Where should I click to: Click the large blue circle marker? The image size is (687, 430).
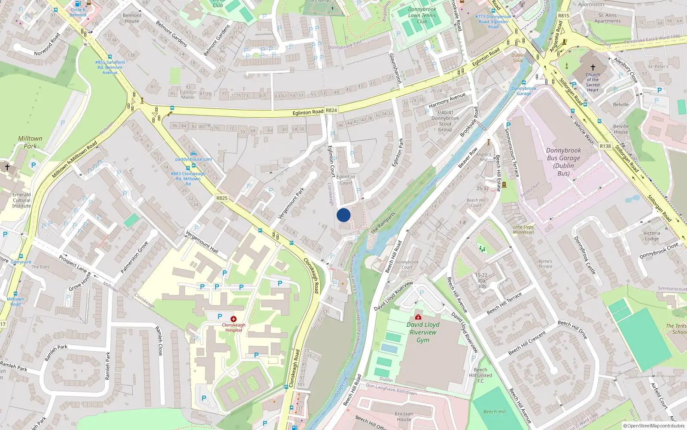point(343,215)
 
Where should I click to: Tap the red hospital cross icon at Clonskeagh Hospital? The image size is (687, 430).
point(233,319)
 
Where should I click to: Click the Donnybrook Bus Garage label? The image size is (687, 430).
point(563,162)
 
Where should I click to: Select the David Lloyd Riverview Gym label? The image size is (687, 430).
point(423,332)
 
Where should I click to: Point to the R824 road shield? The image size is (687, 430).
point(331,111)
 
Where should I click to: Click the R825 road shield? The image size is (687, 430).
point(222,198)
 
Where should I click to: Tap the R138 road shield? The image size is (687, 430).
point(605,146)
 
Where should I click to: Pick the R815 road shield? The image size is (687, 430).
point(563,16)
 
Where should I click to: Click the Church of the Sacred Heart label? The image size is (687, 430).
point(593,82)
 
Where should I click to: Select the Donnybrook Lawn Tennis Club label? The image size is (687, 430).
point(422,15)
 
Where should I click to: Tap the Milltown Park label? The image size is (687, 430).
point(30,142)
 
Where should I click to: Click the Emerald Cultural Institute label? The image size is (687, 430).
point(21,200)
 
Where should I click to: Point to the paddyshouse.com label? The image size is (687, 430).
point(193,159)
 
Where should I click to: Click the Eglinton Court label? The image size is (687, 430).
point(346,180)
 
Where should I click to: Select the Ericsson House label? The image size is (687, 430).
point(404,416)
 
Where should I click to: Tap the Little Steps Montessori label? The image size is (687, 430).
point(523,230)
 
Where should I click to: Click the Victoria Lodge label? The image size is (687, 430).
point(651,236)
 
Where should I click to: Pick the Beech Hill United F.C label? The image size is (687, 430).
point(480,375)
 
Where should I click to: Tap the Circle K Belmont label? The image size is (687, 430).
point(78,12)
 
